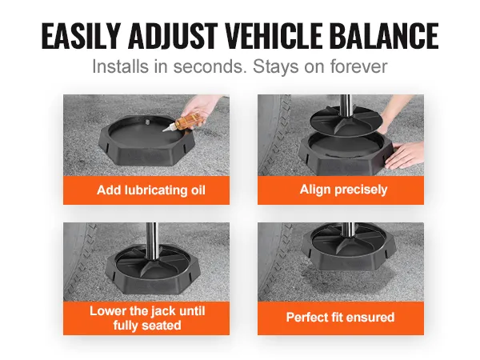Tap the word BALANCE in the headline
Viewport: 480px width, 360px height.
click(x=384, y=36)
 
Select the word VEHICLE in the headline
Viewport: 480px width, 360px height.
click(x=273, y=36)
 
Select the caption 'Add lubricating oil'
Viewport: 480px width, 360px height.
click(x=151, y=190)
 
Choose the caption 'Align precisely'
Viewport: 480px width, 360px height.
click(x=343, y=190)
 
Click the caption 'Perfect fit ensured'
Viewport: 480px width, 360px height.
click(x=340, y=318)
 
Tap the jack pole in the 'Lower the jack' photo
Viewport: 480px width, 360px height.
click(x=151, y=242)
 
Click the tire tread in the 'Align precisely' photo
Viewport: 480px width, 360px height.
click(x=273, y=134)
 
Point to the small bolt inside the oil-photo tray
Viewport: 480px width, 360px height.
click(x=146, y=122)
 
